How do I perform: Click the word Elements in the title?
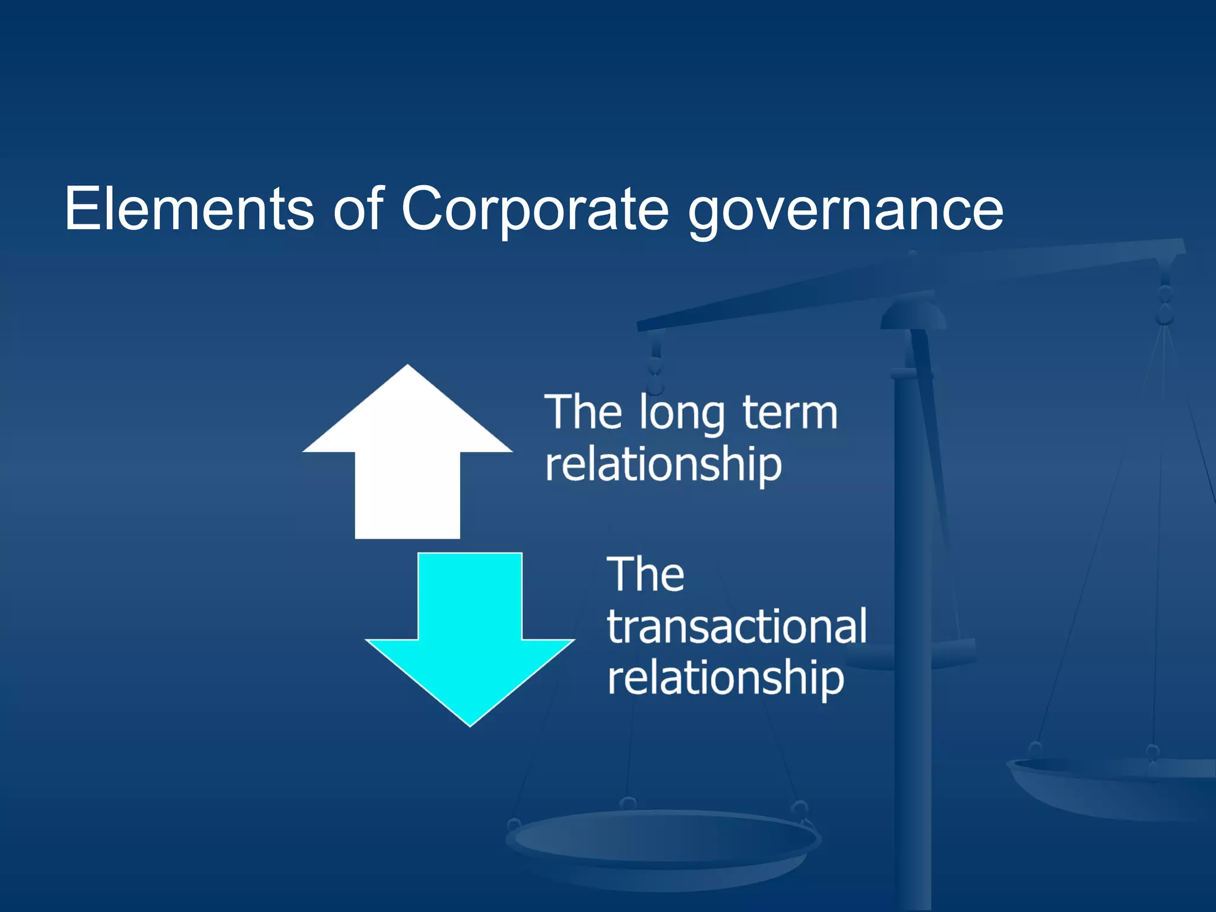pos(189,208)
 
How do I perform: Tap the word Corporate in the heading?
pos(534,208)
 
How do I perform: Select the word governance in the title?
pos(845,211)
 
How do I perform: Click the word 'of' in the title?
pos(358,208)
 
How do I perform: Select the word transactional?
pos(736,626)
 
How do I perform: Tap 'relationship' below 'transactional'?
pos(725,679)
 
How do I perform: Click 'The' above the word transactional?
pos(645,575)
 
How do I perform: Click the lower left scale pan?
pos(662,843)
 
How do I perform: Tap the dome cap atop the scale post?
pos(913,315)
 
